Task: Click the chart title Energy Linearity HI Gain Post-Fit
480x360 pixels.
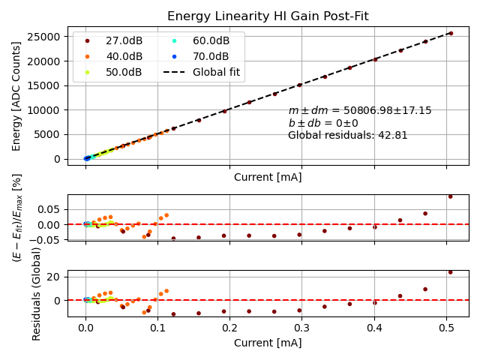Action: pyautogui.click(x=268, y=16)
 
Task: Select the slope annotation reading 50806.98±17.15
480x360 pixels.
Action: pyautogui.click(x=360, y=110)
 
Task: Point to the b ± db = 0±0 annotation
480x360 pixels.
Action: pyautogui.click(x=323, y=123)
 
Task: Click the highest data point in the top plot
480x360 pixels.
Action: pyautogui.click(x=451, y=33)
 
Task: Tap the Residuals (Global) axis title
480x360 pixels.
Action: pyautogui.click(x=37, y=301)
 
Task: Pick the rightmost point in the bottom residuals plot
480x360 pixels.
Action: pyautogui.click(x=451, y=272)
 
